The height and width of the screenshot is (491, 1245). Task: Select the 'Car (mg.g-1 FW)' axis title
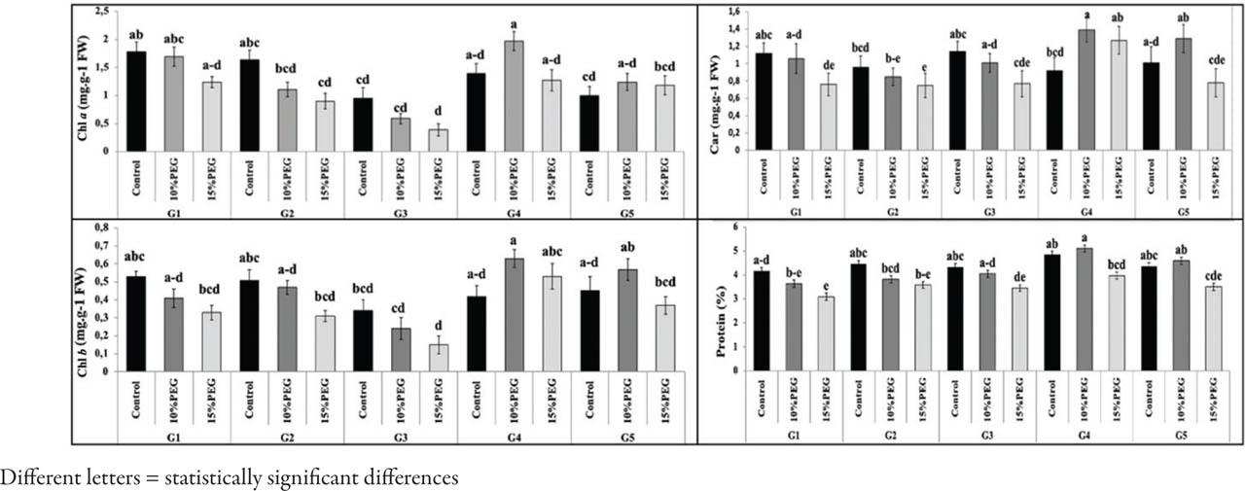(x=723, y=79)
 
